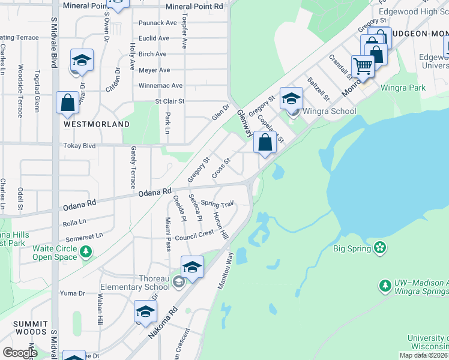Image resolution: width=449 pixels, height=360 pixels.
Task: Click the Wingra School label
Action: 329,111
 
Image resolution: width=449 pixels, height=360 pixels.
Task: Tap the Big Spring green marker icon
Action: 379,247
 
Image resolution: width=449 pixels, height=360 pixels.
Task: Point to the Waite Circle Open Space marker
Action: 87,253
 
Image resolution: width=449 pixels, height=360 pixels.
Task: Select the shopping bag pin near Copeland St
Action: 265,142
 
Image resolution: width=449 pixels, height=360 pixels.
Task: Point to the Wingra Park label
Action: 406,88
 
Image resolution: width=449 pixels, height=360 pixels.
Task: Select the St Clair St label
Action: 170,101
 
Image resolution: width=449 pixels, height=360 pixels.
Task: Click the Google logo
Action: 20,353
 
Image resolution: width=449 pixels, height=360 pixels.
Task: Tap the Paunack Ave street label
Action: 158,23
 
